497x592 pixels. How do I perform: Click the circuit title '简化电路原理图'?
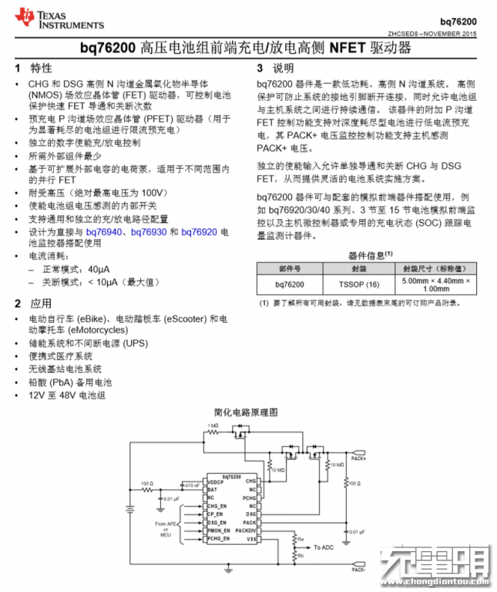(x=246, y=414)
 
